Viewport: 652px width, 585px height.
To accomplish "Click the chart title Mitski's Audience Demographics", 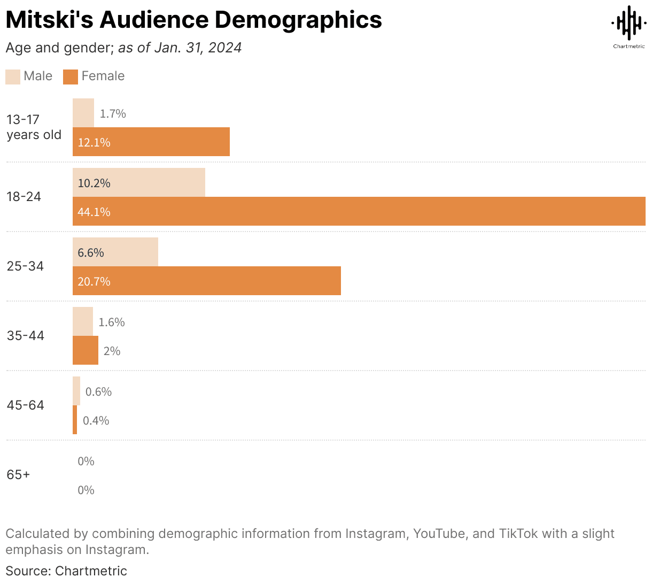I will [193, 20].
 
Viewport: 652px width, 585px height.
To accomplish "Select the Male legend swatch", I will [13, 76].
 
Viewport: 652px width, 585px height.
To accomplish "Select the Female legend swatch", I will [71, 76].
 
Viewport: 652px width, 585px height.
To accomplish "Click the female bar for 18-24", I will [359, 211].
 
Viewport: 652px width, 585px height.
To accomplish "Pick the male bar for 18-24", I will [139, 183].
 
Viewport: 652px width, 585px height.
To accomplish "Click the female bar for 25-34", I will [206, 281].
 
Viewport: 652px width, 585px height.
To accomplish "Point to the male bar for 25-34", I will [115, 252].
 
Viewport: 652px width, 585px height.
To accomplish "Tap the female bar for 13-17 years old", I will [151, 142].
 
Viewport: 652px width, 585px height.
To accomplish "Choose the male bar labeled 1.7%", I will [83, 113].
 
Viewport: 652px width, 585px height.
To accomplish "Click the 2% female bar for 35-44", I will [86, 350].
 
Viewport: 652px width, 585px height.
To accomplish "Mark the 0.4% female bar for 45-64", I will [75, 420].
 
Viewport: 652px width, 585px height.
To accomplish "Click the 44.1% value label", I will [94, 212].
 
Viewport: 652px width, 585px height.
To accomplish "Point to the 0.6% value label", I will [98, 391].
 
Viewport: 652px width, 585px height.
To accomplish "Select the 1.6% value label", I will [112, 322].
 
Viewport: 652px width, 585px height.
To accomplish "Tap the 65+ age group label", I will [19, 475].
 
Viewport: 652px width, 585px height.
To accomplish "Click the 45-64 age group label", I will [25, 405].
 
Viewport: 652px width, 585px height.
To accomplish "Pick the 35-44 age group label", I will [25, 336].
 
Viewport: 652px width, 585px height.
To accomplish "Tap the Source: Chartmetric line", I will [66, 571].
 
